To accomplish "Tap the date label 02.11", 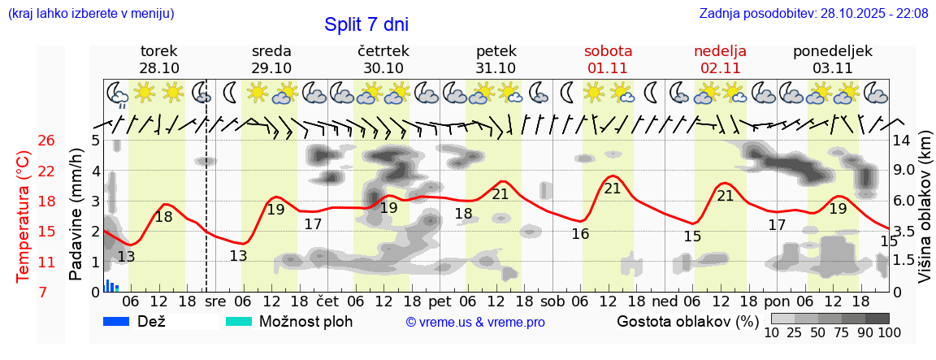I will click(x=720, y=67).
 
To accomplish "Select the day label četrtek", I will click(x=383, y=51).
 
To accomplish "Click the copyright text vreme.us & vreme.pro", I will click(x=475, y=322).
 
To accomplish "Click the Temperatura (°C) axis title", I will click(x=24, y=216).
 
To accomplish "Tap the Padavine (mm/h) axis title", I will click(x=76, y=215).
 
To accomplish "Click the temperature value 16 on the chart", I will click(x=580, y=234).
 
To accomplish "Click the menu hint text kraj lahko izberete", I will click(x=90, y=14).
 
